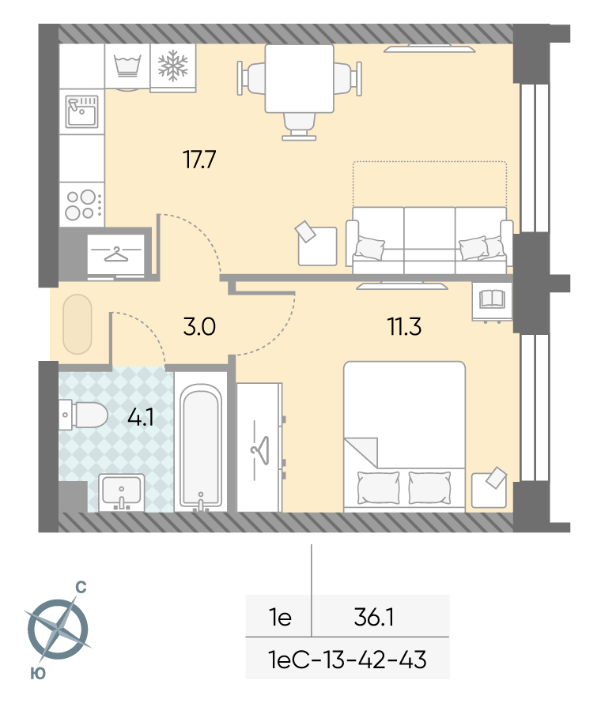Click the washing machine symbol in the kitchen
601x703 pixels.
tap(127, 66)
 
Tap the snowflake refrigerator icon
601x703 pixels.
tap(173, 66)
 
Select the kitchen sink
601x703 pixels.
tap(81, 111)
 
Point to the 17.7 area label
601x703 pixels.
tap(199, 159)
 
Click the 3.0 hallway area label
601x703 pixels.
tap(199, 326)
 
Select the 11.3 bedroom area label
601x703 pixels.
tap(404, 326)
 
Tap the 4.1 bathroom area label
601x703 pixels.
tap(141, 417)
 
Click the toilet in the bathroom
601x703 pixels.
tap(83, 415)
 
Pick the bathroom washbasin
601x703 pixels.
tap(121, 492)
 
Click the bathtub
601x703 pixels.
tap(201, 447)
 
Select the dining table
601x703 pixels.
tap(300, 78)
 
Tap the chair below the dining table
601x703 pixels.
tap(299, 126)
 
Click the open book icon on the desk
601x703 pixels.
tap(492, 299)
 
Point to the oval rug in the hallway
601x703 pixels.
tap(77, 324)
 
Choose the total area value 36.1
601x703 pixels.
tap(374, 617)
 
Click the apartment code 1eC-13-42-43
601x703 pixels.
tap(347, 660)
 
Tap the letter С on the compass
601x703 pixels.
tap(81, 588)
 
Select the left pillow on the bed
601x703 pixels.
tap(378, 488)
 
